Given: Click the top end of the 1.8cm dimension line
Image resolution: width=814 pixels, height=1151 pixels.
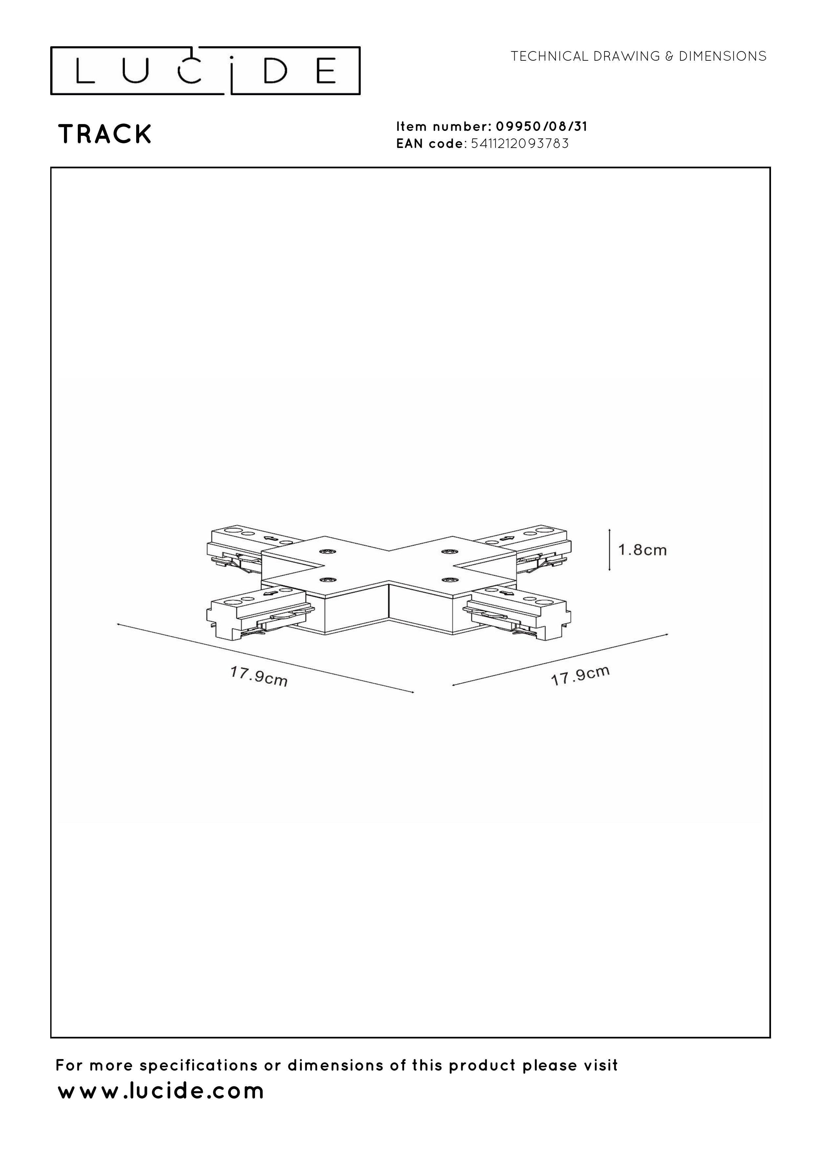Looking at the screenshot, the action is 610,529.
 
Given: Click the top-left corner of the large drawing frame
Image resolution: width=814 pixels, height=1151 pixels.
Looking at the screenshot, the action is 51,167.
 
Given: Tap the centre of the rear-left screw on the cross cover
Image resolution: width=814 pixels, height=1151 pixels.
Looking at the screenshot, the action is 329,552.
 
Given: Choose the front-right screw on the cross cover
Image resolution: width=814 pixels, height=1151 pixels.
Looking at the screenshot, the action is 447,580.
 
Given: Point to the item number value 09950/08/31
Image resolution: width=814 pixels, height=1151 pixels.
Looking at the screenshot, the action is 541,126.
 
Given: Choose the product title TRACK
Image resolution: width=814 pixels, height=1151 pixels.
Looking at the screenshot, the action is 105,134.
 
